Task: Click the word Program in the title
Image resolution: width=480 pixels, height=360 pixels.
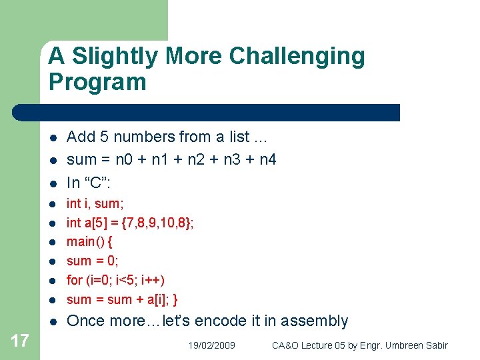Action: [97, 82]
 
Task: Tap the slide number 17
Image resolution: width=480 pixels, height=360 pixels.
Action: [20, 341]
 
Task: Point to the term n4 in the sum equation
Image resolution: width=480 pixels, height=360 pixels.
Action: [267, 159]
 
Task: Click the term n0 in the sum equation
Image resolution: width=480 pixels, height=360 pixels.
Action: [125, 159]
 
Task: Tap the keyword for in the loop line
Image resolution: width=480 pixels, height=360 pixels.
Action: [74, 280]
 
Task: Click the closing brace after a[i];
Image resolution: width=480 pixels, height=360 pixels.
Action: [175, 299]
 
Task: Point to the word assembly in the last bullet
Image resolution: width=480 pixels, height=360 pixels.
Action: [314, 321]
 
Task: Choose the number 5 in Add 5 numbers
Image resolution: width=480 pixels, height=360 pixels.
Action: [104, 137]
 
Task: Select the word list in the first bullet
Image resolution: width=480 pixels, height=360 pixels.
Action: [239, 137]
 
